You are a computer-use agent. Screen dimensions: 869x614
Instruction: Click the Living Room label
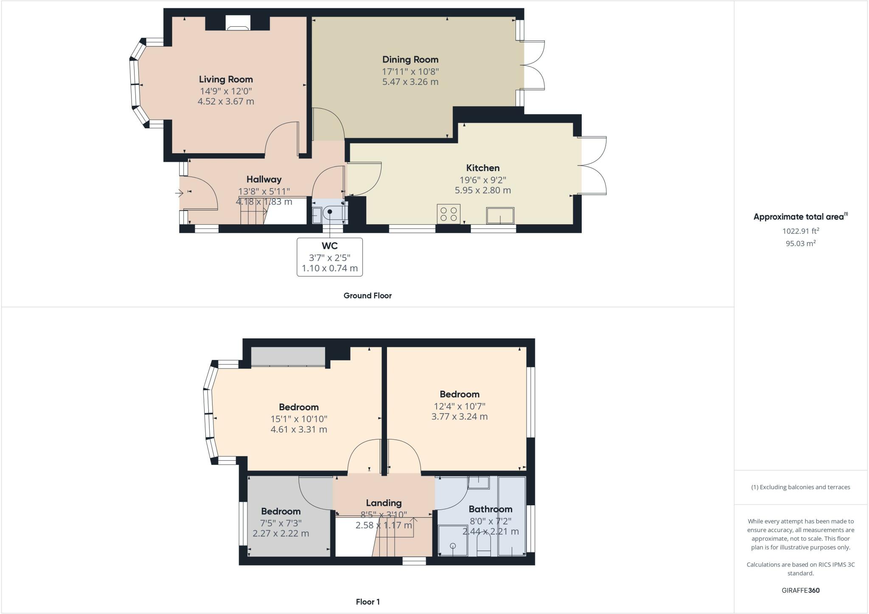[226, 79]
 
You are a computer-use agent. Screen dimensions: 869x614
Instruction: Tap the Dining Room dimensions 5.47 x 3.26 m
[410, 82]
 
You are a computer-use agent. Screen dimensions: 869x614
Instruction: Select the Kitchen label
[483, 168]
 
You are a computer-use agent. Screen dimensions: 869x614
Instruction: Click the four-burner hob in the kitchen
[449, 214]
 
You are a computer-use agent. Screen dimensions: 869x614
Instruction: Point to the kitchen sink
[500, 215]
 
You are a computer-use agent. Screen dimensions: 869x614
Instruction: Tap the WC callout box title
[330, 246]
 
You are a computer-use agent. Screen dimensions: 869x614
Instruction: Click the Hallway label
[264, 180]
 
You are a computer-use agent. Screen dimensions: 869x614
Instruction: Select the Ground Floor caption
[367, 296]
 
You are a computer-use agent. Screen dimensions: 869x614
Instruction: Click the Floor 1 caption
[368, 602]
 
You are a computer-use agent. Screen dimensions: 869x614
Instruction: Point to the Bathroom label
[491, 509]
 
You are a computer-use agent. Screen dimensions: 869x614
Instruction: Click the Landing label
[384, 503]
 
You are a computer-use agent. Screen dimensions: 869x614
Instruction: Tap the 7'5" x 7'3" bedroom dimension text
[281, 523]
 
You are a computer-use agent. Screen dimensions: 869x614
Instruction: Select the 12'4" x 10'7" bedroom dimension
[460, 406]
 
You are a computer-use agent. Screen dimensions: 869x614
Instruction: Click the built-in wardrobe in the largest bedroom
[288, 356]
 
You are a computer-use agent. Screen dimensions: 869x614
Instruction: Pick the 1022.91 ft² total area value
[801, 231]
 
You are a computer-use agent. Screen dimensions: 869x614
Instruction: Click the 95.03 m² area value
[801, 243]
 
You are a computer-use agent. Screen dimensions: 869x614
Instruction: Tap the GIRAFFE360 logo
[801, 590]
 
